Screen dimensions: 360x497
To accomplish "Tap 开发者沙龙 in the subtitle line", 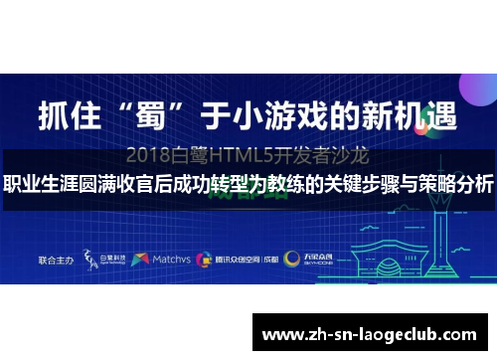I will click(330, 155).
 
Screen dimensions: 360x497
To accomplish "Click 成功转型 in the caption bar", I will click(203, 185).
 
